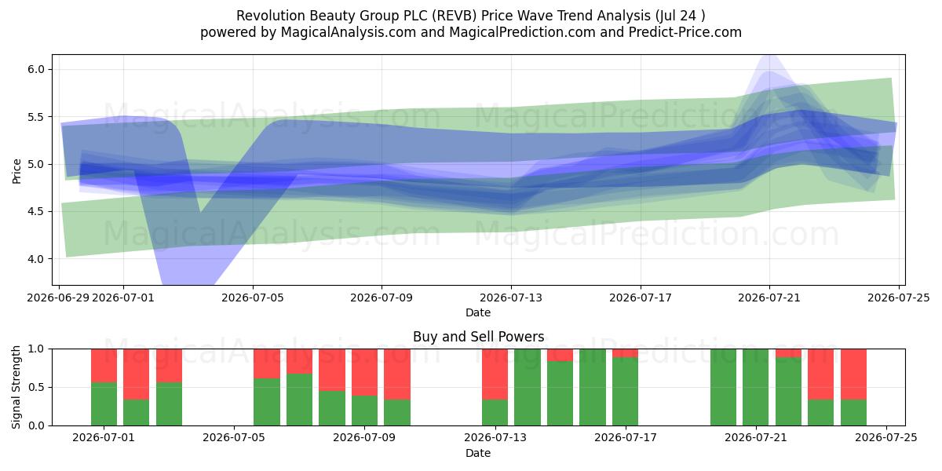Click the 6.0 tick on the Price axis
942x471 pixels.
coord(36,69)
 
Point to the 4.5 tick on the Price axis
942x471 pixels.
coord(36,211)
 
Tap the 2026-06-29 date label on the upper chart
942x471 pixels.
coord(58,298)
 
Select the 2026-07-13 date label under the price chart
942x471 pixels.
coord(511,298)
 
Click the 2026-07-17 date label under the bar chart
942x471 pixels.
coord(626,438)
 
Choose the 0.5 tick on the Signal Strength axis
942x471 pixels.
coord(36,387)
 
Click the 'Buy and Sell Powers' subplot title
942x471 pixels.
coord(479,337)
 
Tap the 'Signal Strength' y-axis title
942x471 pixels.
coord(16,387)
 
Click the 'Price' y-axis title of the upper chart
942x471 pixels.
coord(16,172)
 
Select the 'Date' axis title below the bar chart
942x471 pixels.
coord(478,454)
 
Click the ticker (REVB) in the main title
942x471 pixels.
coord(457,16)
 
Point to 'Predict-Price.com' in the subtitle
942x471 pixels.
coord(685,32)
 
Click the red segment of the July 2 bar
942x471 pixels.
coord(137,374)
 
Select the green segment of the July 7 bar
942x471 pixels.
coord(299,400)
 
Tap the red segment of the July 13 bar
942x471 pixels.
coord(495,374)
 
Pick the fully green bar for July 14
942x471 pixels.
coord(528,387)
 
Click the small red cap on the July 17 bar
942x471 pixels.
coord(626,353)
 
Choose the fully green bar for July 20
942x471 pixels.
coord(723,387)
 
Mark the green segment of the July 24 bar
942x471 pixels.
coord(854,413)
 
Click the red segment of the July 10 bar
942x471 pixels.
coord(397,374)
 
